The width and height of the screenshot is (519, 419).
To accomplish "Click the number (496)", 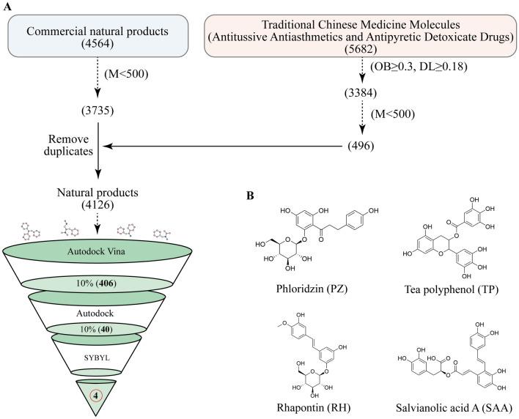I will coord(362,147).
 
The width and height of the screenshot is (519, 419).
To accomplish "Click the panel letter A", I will coord(6,7).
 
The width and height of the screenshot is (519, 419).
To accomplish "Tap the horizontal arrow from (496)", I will coord(220,147).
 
